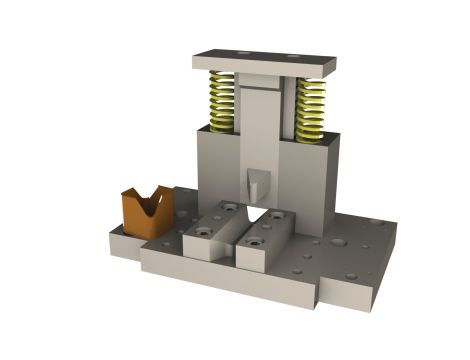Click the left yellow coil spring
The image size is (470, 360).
coord(221,102)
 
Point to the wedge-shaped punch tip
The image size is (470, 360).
coord(257,182)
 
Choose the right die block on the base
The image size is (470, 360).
coord(266,243)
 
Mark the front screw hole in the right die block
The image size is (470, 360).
coord(254,242)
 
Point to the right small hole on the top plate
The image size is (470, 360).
coord(292,56)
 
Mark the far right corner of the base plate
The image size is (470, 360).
coord(396,226)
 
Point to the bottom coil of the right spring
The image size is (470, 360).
coord(310,133)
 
